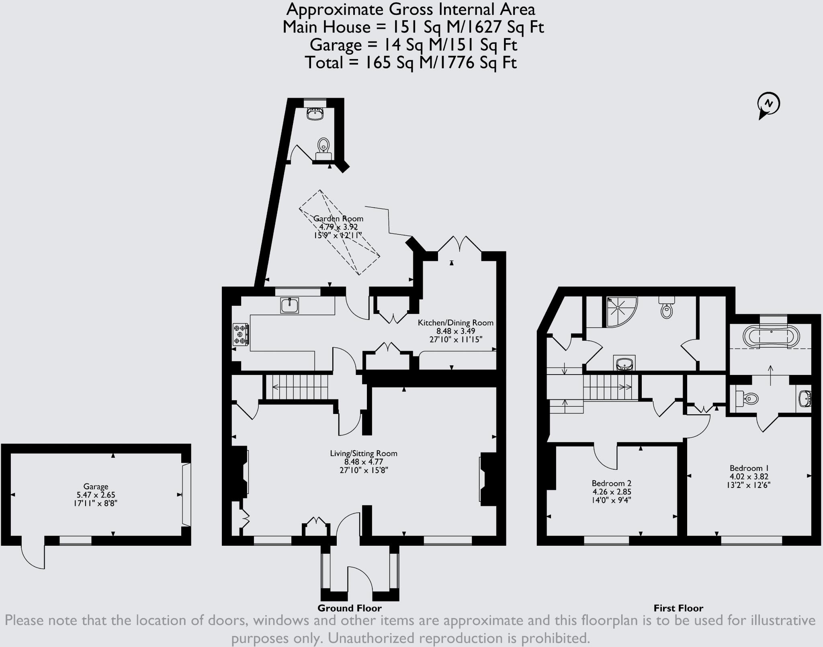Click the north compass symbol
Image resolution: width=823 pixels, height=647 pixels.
[768, 104]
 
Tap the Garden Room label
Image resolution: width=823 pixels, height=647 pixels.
[338, 219]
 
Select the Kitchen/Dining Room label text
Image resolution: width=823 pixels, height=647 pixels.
[455, 323]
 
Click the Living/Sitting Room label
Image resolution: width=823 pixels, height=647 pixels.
[363, 453]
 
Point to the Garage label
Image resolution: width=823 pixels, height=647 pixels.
[96, 486]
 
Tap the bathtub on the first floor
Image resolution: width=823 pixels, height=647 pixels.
[771, 336]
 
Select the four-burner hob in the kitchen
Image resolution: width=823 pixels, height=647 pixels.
[240, 334]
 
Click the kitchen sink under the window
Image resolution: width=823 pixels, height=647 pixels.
[289, 305]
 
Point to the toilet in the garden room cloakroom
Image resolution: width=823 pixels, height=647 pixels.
[323, 147]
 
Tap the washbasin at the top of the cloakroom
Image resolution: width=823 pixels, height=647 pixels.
[315, 114]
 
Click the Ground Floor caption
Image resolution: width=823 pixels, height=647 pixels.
[349, 608]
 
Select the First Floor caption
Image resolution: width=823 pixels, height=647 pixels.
[678, 608]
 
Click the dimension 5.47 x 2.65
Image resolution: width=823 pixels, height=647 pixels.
[96, 495]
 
